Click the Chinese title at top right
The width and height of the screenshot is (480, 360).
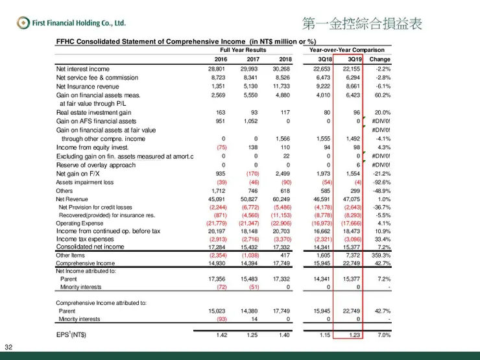[x=362, y=24]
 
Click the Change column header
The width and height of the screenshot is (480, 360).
[x=380, y=59]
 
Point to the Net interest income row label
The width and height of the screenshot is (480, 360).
[x=83, y=69]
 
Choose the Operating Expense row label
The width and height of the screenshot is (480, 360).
[x=79, y=223]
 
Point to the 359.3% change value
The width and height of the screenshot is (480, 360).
[x=380, y=256]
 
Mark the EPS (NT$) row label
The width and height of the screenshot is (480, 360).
[x=71, y=335]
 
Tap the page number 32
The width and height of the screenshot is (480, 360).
[x=8, y=345]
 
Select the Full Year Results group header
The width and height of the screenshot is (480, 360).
[x=243, y=50]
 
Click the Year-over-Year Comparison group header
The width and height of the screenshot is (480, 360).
[x=347, y=50]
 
